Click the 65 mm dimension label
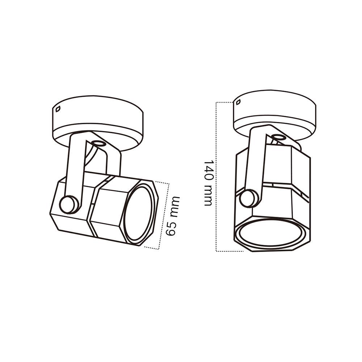(x=173, y=216)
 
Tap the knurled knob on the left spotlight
(x=69, y=205)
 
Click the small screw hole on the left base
(x=58, y=109)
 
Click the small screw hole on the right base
(x=239, y=102)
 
